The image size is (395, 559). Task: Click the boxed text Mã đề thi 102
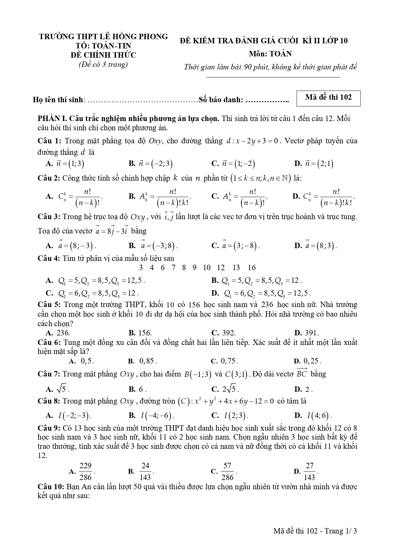point(328,98)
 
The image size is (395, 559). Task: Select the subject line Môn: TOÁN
point(270,54)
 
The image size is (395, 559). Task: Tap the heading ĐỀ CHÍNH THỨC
point(103,55)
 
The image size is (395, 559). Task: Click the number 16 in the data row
point(252,268)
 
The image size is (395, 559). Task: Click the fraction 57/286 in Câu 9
point(227,471)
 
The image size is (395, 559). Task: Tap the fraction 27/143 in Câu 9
point(309,471)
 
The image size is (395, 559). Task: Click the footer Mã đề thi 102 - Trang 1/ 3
point(315,531)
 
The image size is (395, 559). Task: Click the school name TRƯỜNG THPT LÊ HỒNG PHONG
point(103,37)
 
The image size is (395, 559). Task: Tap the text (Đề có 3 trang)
point(103,64)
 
